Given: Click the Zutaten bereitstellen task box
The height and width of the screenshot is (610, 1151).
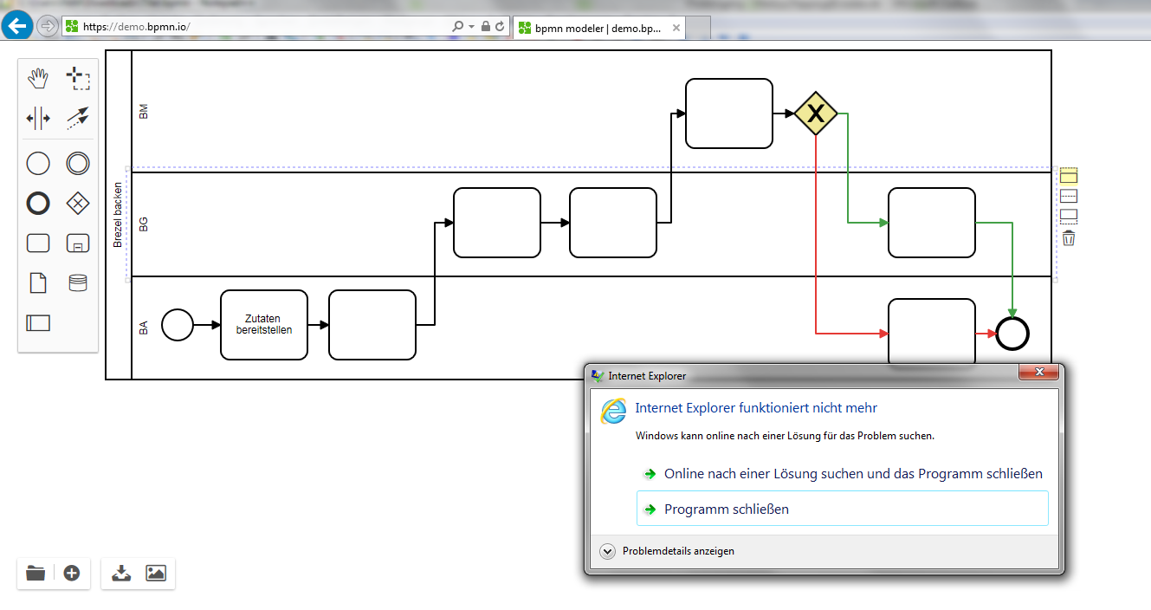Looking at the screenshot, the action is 264,325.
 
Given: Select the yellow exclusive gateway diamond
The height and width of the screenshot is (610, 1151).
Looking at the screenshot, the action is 816,114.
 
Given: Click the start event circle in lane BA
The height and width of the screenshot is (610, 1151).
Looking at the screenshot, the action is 178,325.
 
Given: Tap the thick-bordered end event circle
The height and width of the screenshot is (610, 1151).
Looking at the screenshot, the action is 1012,334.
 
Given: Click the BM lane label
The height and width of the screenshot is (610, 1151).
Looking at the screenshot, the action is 144,112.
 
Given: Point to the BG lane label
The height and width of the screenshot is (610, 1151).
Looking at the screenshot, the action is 144,224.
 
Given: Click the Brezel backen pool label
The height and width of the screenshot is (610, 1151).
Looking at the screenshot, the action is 118,215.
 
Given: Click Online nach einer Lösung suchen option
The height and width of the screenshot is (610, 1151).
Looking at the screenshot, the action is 853,473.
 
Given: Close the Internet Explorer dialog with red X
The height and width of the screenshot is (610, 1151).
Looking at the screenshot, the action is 1039,372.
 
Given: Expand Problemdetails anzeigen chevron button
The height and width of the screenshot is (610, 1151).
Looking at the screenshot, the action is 607,551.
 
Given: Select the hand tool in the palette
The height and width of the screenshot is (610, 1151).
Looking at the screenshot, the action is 38,78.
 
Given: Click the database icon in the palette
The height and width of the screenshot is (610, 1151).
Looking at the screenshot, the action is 78,282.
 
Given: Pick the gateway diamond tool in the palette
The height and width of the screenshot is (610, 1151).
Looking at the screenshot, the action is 78,204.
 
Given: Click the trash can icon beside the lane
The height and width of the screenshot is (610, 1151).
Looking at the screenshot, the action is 1069,238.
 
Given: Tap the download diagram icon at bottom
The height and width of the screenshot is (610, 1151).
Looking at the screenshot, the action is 121,573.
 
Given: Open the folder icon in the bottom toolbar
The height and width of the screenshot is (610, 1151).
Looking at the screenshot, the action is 36,573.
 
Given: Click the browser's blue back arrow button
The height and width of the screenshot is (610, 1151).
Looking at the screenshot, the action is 17,26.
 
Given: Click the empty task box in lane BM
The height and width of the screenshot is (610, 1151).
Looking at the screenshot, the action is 729,114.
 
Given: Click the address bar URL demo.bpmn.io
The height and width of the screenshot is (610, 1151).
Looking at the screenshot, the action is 136,27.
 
